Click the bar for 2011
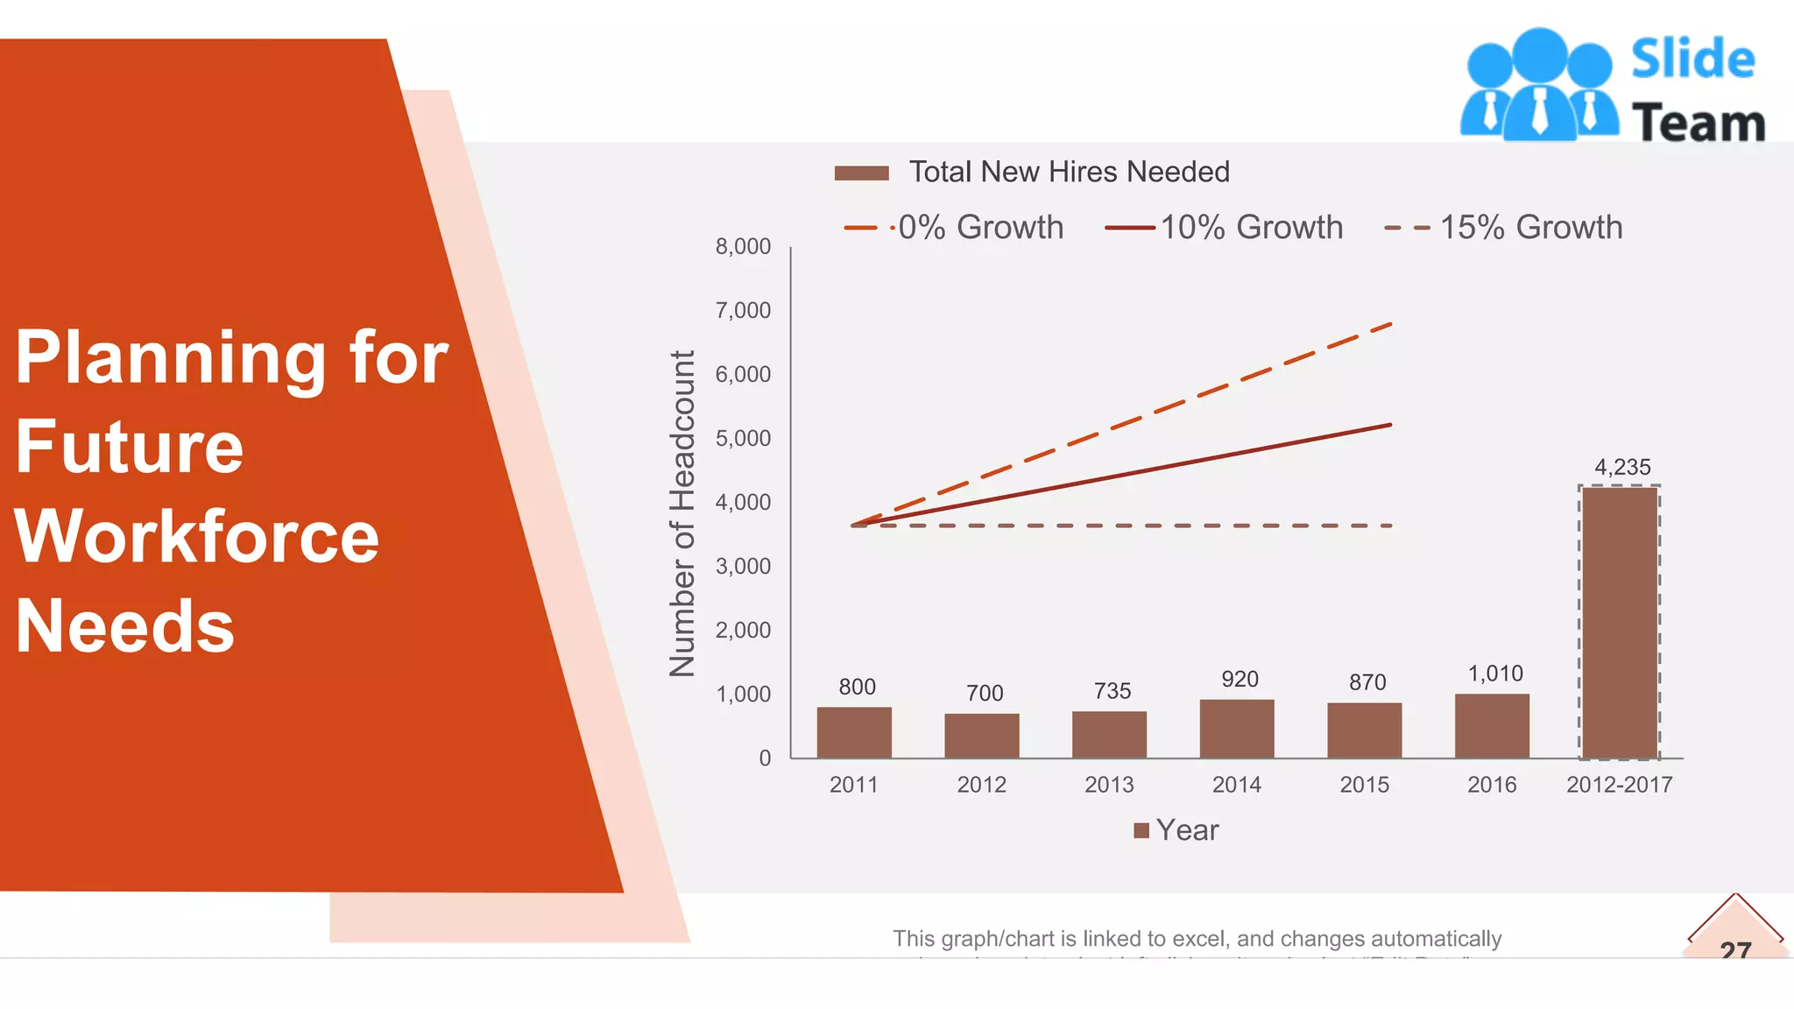(x=854, y=732)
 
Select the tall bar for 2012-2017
(x=1620, y=622)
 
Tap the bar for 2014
(x=1237, y=728)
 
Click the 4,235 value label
(x=1622, y=467)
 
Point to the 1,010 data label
(x=1495, y=674)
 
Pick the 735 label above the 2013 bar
(x=1112, y=691)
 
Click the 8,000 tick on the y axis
(x=743, y=246)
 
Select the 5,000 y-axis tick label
(x=743, y=438)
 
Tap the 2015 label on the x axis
(x=1364, y=785)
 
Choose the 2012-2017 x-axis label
(x=1619, y=785)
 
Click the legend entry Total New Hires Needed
(x=1068, y=172)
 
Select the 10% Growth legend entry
(x=1251, y=228)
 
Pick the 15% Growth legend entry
(x=1530, y=228)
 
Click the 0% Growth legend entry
(x=979, y=228)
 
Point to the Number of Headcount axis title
(x=682, y=513)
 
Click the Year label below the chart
(x=1186, y=829)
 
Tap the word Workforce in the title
(x=197, y=536)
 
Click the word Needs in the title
(x=125, y=626)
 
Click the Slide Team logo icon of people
(x=1539, y=85)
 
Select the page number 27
(x=1735, y=949)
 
